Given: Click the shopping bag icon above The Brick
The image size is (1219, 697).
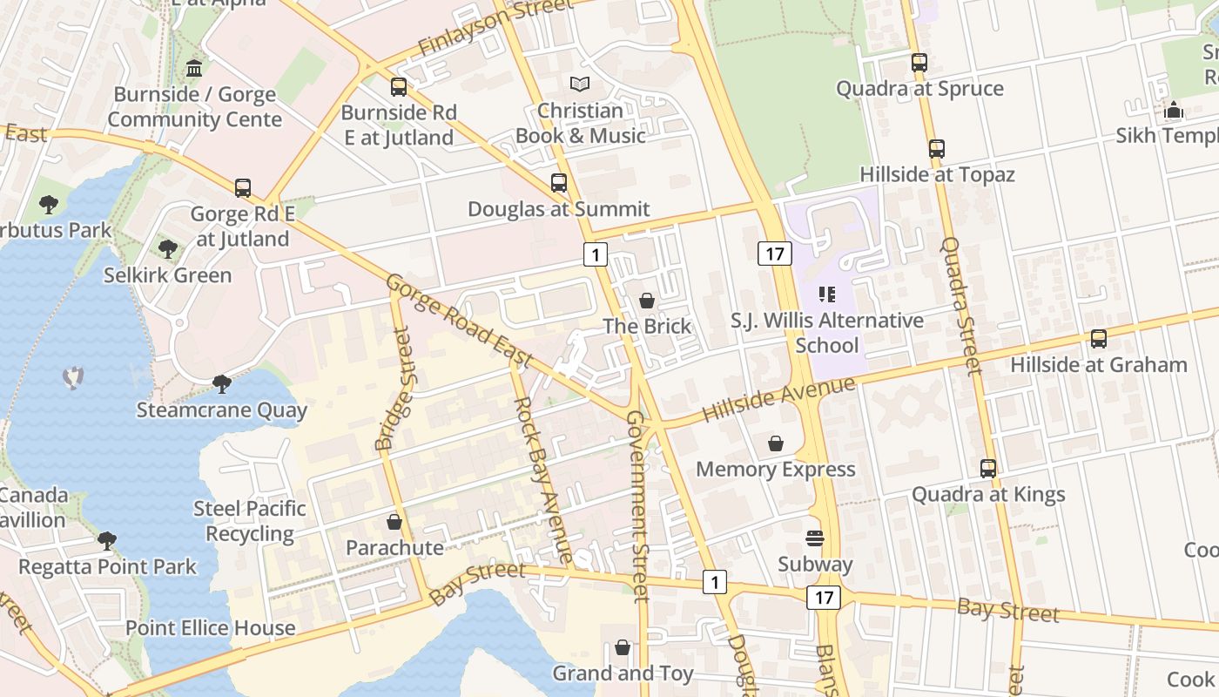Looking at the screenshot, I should [647, 301].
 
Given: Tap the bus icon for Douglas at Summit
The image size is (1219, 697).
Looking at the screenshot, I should [559, 183].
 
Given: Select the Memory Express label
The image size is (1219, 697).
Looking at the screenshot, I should [775, 470].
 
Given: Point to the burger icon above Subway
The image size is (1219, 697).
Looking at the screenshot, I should [815, 538].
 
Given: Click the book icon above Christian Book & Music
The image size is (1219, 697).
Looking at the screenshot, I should [580, 85].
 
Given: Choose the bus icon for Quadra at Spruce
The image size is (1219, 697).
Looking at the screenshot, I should [919, 63].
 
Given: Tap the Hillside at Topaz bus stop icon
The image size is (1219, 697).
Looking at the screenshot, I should [937, 149].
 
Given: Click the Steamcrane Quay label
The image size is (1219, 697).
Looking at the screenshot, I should [221, 410].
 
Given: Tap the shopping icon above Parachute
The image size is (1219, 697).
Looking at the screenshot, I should [394, 522].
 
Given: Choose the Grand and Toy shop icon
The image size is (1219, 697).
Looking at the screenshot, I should [623, 647].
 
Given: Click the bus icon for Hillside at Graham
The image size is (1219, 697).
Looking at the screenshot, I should [1099, 339].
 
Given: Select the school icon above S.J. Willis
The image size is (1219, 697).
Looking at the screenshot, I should [827, 294].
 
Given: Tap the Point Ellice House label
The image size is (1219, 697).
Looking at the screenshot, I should [211, 628].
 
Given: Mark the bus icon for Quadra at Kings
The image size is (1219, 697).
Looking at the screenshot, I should [988, 469].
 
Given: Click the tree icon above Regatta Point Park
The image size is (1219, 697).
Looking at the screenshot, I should [107, 541].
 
